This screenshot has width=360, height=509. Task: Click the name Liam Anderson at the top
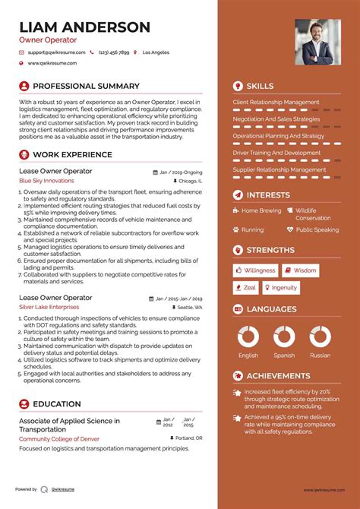(x=84, y=27)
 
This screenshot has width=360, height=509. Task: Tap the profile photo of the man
(x=317, y=42)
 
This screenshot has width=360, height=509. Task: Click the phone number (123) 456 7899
(x=113, y=52)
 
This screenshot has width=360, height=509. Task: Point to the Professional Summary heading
(x=86, y=86)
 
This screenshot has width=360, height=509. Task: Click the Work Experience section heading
(x=72, y=155)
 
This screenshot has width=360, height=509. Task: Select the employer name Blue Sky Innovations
(x=46, y=182)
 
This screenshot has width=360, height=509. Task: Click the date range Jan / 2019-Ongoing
(x=181, y=172)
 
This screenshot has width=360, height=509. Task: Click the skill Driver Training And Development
(x=276, y=153)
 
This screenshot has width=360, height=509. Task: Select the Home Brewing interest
(x=261, y=210)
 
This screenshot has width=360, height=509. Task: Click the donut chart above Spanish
(x=284, y=337)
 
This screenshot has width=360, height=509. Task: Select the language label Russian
(x=321, y=355)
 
